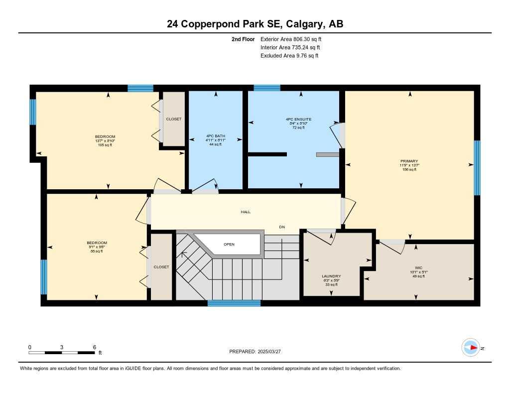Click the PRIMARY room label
409,161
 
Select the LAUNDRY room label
331,276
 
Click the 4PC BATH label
216,136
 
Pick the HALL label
246,212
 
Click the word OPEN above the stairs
229,244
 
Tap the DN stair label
282,227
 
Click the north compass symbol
470,348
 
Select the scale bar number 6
94,347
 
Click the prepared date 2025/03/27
274,352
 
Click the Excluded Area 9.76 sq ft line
289,56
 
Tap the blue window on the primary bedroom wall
477,167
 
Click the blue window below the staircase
234,303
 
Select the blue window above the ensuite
267,88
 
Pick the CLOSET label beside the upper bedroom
174,119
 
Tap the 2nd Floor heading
243,39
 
